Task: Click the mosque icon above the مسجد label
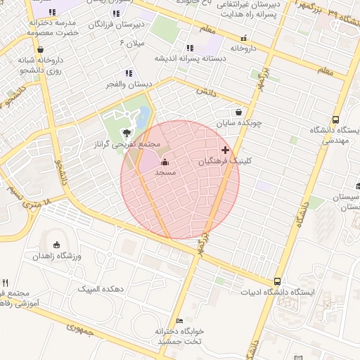pos(165,164)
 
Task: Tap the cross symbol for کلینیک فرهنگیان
pos(225,150)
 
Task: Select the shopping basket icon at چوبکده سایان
pos(239,112)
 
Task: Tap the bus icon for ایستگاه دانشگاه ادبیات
pos(278,281)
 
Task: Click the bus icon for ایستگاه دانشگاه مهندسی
pos(335,120)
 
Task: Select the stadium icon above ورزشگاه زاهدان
pos(57,245)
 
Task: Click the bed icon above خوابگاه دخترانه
pos(179,321)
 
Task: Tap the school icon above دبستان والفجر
pos(128,73)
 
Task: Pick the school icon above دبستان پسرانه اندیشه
pos(189,48)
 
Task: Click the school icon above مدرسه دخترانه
pos(53,12)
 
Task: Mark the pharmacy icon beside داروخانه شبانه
pos(41,50)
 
